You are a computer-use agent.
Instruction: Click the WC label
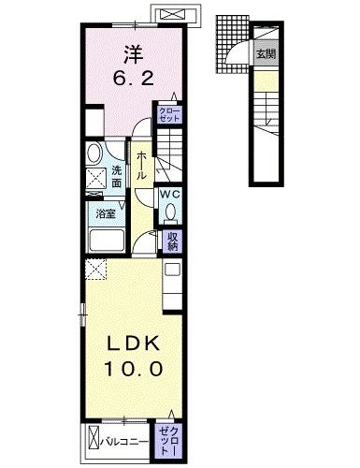tap(170, 194)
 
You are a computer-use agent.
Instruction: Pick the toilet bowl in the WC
tap(170, 212)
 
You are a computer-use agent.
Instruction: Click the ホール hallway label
tap(141, 166)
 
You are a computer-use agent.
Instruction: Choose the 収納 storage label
tap(172, 241)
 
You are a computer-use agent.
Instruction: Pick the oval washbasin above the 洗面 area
tap(94, 154)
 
